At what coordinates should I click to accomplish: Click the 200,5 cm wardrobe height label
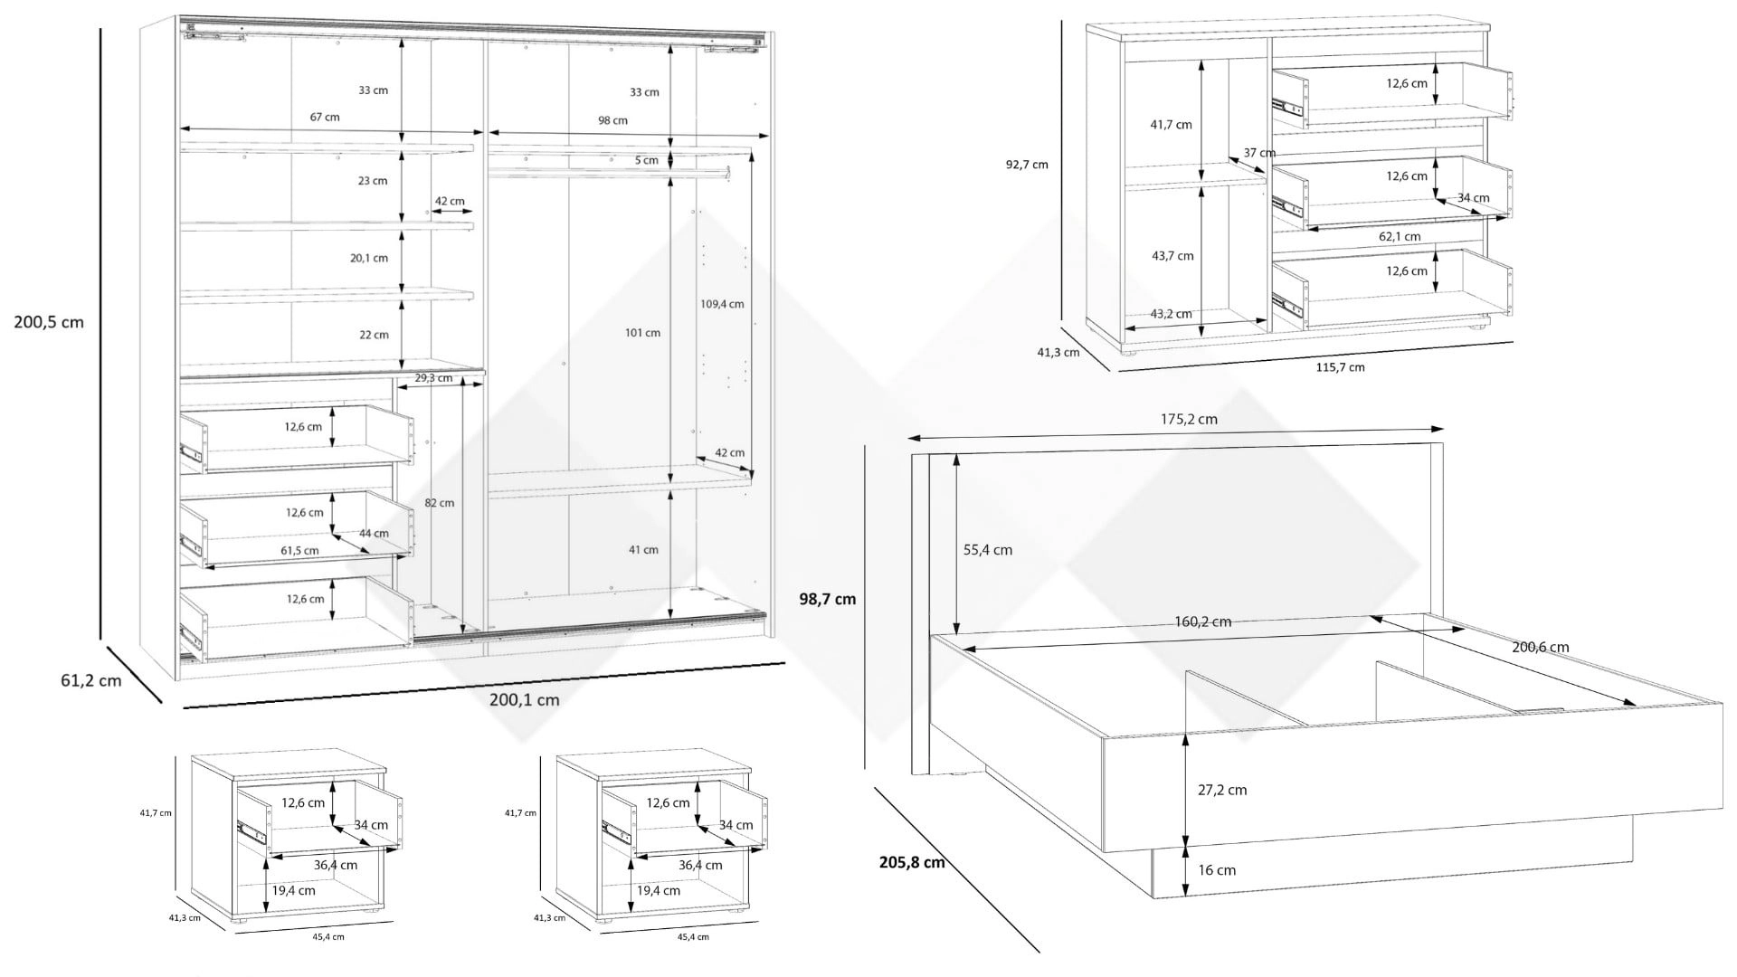(x=49, y=322)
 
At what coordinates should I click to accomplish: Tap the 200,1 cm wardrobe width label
(x=524, y=699)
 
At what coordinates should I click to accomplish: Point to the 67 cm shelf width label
(x=325, y=117)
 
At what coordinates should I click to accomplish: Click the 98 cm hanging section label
(x=612, y=120)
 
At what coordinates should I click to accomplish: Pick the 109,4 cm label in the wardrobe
(x=722, y=304)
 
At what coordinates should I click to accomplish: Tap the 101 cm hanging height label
(x=641, y=333)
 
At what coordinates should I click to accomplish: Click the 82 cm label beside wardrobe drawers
(x=440, y=503)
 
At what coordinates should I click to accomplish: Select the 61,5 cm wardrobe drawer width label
(x=299, y=550)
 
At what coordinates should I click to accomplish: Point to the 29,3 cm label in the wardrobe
(x=433, y=378)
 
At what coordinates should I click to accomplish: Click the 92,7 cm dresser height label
(x=1027, y=165)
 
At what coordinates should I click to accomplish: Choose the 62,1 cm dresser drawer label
(x=1400, y=237)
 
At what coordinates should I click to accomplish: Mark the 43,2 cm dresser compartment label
(x=1171, y=314)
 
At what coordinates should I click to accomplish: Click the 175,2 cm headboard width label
(x=1189, y=419)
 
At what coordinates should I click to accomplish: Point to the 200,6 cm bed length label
(x=1540, y=648)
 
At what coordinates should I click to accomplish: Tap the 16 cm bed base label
(x=1217, y=870)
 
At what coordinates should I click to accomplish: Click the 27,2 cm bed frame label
(x=1222, y=790)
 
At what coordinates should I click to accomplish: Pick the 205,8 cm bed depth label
(x=912, y=862)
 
